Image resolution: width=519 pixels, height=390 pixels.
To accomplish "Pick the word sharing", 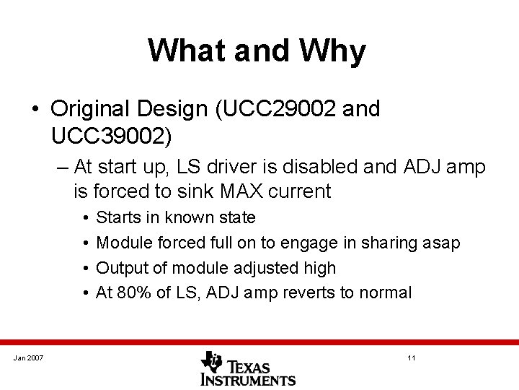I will tap(379, 243).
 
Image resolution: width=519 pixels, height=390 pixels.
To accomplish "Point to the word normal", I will tap(384, 292).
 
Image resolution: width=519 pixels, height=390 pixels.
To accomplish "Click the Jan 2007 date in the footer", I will tap(28, 359).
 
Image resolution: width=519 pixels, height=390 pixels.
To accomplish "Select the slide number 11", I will tap(411, 359).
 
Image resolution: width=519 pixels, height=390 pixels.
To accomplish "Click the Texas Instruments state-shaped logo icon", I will tap(213, 360).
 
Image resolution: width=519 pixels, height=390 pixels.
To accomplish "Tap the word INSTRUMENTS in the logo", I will tap(248, 378).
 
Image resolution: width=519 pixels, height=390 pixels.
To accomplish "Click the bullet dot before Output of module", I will tap(86, 268).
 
